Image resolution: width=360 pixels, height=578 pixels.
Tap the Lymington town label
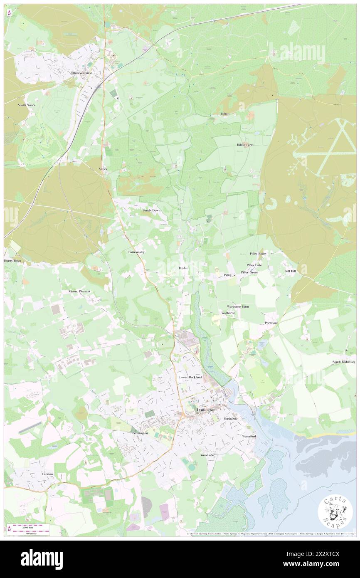click(206, 410)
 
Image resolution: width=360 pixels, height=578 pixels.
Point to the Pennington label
click(137, 433)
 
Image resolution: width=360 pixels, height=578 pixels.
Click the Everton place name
click(47, 474)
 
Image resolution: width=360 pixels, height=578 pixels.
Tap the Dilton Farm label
click(245, 145)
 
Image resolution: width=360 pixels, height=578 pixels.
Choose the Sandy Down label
click(148, 211)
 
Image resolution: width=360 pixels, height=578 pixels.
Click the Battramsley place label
click(136, 252)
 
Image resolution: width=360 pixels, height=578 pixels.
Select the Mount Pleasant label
click(79, 291)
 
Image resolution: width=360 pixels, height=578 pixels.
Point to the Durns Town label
click(12, 261)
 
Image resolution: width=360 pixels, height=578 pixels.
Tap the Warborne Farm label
click(238, 306)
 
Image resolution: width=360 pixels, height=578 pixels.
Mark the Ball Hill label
click(290, 271)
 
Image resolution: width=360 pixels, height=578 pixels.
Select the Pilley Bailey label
click(258, 253)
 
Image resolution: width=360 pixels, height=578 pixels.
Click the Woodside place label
click(207, 455)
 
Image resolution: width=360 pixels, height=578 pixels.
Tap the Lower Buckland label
click(190, 377)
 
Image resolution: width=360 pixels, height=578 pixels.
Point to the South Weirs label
click(26, 105)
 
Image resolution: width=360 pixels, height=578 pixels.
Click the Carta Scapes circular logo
click(335, 512)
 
